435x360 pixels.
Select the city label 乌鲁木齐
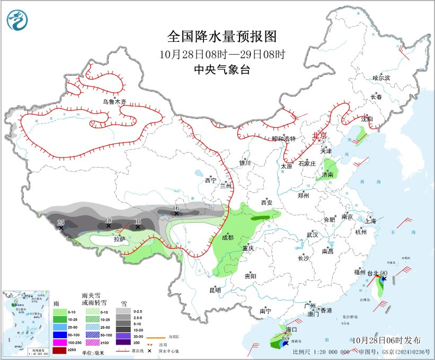[x=115, y=101]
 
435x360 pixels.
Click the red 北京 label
[x=321, y=135]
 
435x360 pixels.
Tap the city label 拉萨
[x=119, y=239]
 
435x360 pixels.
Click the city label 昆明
[x=215, y=290]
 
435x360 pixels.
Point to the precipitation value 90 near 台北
[x=384, y=273]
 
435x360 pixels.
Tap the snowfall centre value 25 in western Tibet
[x=60, y=222]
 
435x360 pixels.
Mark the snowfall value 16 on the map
[x=176, y=207]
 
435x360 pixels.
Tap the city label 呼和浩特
[x=283, y=138]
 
